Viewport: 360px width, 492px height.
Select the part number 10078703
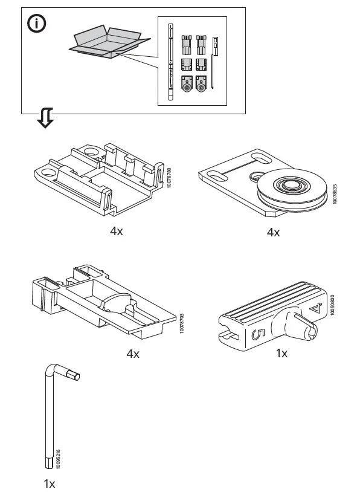point(182,323)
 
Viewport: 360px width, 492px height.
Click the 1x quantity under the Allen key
point(50,484)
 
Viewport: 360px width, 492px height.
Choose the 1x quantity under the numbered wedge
point(281,353)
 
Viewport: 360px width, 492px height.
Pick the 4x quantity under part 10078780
point(117,231)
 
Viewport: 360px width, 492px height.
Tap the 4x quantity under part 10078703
point(133,354)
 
